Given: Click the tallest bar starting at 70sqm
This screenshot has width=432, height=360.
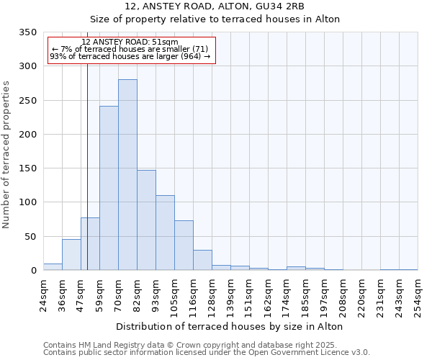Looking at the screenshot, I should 127,175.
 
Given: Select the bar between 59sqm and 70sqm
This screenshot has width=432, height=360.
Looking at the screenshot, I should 109,188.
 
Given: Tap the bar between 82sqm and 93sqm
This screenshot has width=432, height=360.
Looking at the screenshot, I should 146,220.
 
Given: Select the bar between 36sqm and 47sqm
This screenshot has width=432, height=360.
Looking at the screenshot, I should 71,255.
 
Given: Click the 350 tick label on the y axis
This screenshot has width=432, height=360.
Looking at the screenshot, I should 27,32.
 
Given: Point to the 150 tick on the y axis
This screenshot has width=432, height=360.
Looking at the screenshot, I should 27,168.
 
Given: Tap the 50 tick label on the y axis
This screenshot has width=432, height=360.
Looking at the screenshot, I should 30,236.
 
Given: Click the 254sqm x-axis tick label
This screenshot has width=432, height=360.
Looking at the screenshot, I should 418,294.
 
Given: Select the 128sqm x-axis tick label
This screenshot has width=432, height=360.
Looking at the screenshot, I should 212,294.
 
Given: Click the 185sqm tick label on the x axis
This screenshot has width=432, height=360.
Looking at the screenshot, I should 305,294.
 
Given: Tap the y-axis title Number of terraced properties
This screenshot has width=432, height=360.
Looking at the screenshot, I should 7,155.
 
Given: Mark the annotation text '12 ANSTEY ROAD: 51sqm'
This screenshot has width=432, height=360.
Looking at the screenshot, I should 130,42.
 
